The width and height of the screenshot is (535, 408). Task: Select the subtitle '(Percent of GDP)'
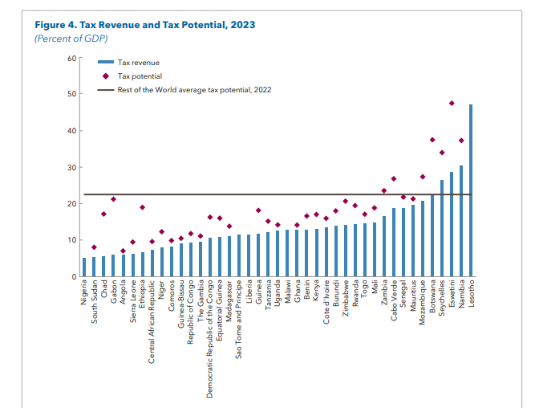(70, 39)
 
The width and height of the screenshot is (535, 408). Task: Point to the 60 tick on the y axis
(70, 58)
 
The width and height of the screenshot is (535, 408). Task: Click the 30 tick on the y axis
(70, 167)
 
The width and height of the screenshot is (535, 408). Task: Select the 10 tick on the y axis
(70, 240)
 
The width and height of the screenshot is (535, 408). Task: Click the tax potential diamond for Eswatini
(452, 104)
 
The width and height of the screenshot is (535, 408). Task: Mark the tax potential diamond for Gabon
(113, 199)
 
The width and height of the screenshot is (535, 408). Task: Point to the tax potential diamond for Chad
(103, 214)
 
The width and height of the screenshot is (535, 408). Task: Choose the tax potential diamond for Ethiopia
(142, 207)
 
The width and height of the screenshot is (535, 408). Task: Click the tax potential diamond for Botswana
(432, 140)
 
